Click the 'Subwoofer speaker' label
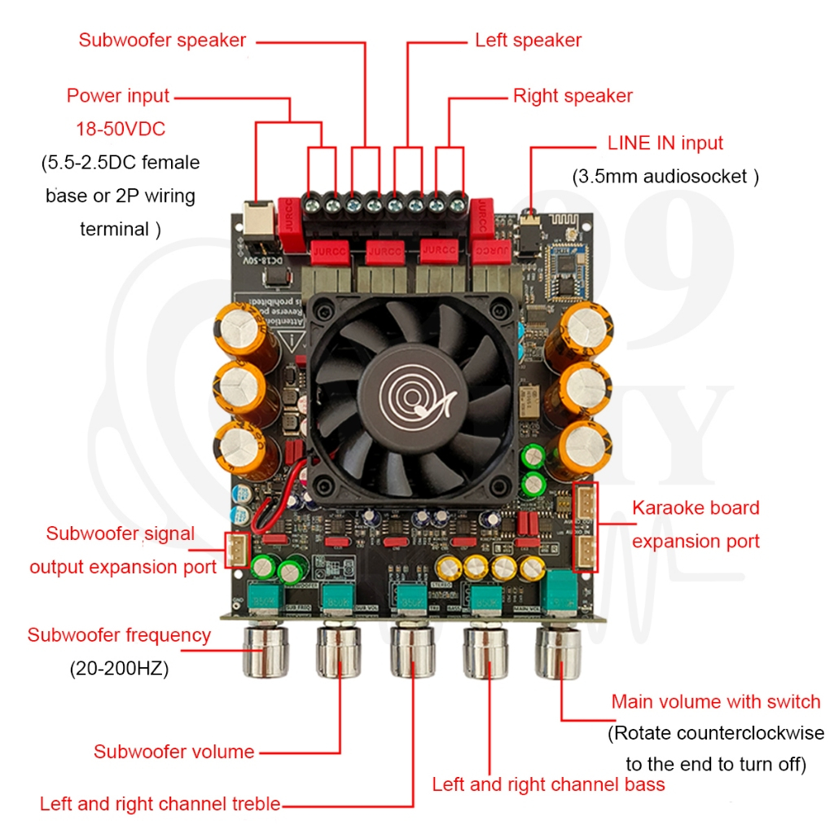coord(162,40)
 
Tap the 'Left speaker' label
coord(529,40)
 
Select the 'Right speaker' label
coord(573,96)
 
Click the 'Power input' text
coord(118,96)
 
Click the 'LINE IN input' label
coord(665,143)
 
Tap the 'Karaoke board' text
coord(696,508)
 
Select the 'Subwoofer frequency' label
coord(119,635)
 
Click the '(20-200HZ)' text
coord(119,669)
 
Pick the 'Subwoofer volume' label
coord(173,752)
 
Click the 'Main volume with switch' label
coord(716,702)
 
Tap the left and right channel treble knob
coord(412,652)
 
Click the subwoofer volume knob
coord(337,652)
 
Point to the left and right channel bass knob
coord(487,652)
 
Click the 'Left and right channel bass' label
coord(548,785)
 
